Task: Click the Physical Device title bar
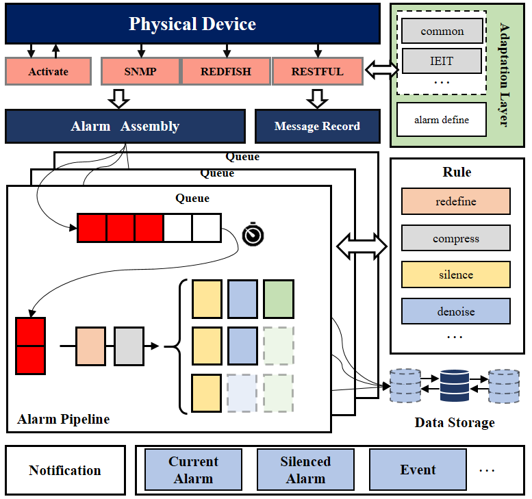click(192, 24)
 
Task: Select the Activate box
click(48, 71)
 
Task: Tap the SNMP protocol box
click(140, 71)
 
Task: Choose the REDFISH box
click(226, 71)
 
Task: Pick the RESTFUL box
click(318, 71)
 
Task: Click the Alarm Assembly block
click(125, 126)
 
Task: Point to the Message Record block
click(318, 126)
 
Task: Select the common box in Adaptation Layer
click(442, 31)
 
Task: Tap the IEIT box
click(442, 61)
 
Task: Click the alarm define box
click(442, 120)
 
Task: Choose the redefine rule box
click(456, 201)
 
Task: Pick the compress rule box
click(456, 238)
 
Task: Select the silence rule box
click(456, 274)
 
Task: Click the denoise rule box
click(456, 311)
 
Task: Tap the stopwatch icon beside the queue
click(253, 234)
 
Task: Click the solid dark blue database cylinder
click(455, 385)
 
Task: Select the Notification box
click(65, 470)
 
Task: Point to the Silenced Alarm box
click(305, 470)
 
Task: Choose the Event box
click(418, 470)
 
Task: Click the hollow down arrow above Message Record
click(317, 99)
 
